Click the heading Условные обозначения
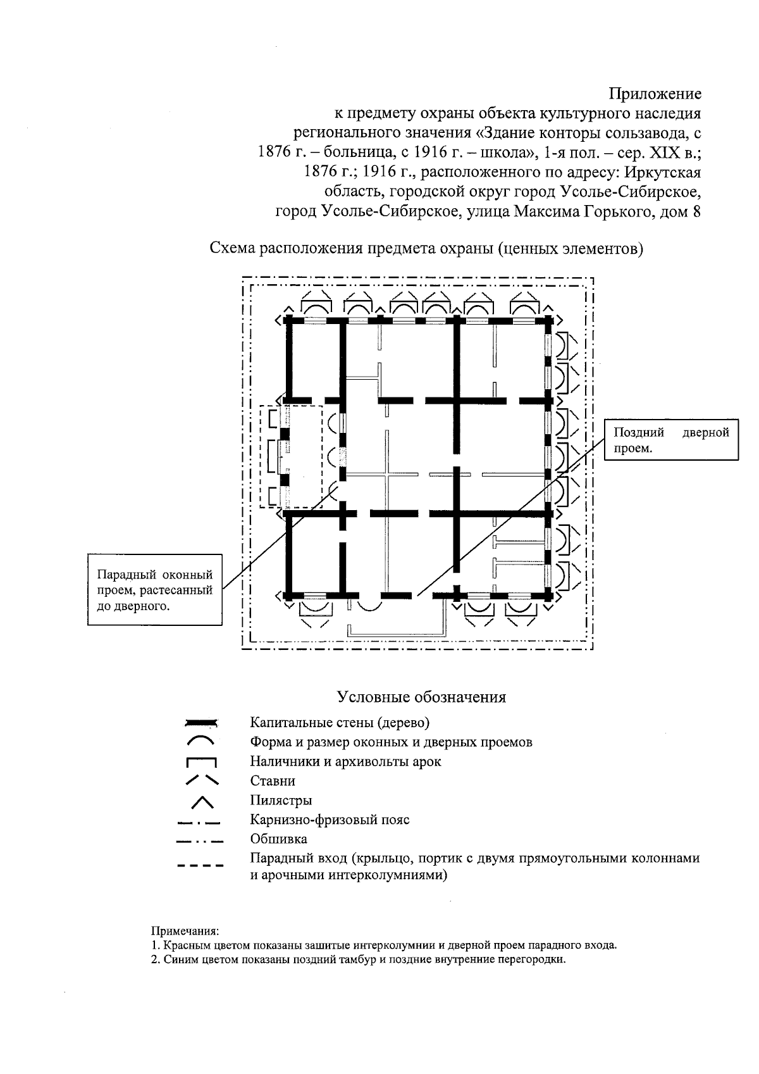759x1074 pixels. [422, 697]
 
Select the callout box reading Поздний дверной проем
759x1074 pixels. [672, 440]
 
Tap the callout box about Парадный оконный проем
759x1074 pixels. [155, 590]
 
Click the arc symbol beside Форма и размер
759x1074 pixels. [201, 740]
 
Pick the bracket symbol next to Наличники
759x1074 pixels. [201, 762]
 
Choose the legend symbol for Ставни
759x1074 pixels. [201, 780]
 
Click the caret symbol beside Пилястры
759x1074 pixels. [201, 801]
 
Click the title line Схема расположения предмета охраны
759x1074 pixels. [426, 249]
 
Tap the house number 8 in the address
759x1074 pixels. [697, 211]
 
